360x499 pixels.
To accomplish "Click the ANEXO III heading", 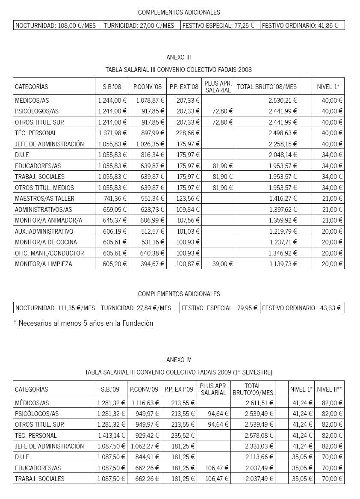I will [179, 57].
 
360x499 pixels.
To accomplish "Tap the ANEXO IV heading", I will [179, 359].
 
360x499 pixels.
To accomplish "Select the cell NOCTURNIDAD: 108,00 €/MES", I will [56, 26].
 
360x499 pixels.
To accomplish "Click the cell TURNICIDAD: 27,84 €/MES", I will [136, 308].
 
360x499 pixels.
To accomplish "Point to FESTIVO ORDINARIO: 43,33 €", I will [301, 308].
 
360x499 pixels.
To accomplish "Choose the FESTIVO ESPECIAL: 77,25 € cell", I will [218, 26].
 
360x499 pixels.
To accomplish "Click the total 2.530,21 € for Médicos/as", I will [283, 100].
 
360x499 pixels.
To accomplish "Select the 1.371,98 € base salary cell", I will [112, 133].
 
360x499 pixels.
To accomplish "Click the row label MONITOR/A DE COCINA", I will [46, 242].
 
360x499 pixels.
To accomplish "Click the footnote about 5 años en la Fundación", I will [83, 324].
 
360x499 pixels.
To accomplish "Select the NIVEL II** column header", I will [329, 389].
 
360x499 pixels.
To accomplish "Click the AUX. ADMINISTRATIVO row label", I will [44, 232].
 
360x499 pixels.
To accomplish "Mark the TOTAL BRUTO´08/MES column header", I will [267, 87].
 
